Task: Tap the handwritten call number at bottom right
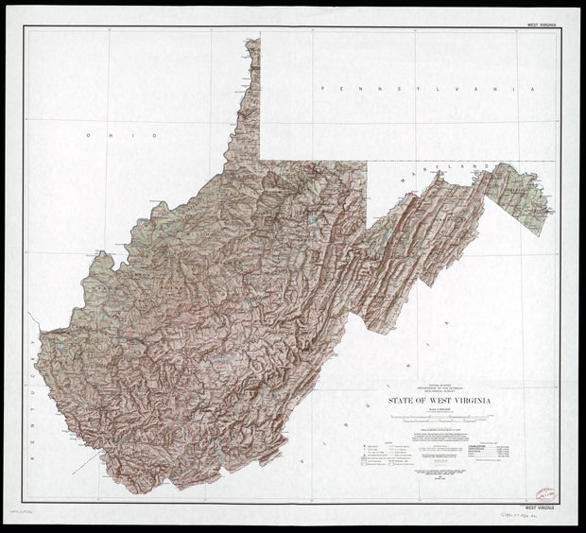[520, 518]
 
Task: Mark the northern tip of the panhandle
[252, 40]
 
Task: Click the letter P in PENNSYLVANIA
[322, 87]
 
